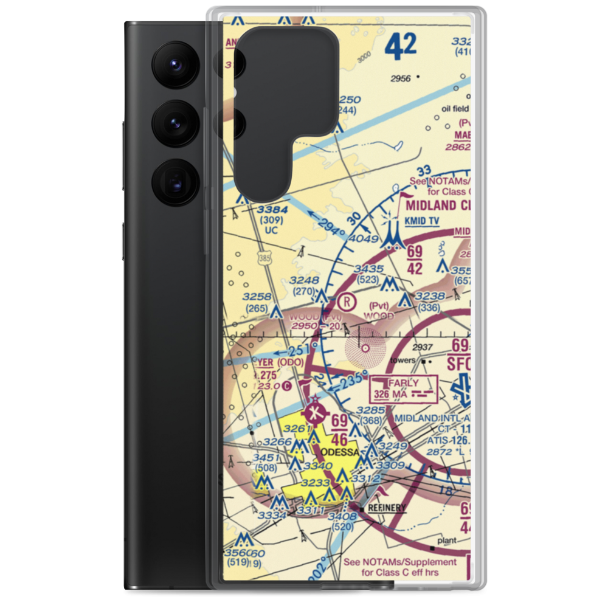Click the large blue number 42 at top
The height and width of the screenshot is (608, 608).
click(401, 47)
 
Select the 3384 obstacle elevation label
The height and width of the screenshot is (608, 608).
click(271, 210)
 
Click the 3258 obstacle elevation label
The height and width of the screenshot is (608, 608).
click(257, 296)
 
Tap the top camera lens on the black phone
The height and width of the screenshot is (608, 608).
click(176, 64)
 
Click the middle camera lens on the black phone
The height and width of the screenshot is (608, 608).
click(176, 123)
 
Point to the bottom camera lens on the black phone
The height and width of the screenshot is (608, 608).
click(176, 182)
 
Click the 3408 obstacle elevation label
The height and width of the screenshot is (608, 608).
click(343, 517)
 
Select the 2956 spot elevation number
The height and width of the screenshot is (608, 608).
click(401, 78)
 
